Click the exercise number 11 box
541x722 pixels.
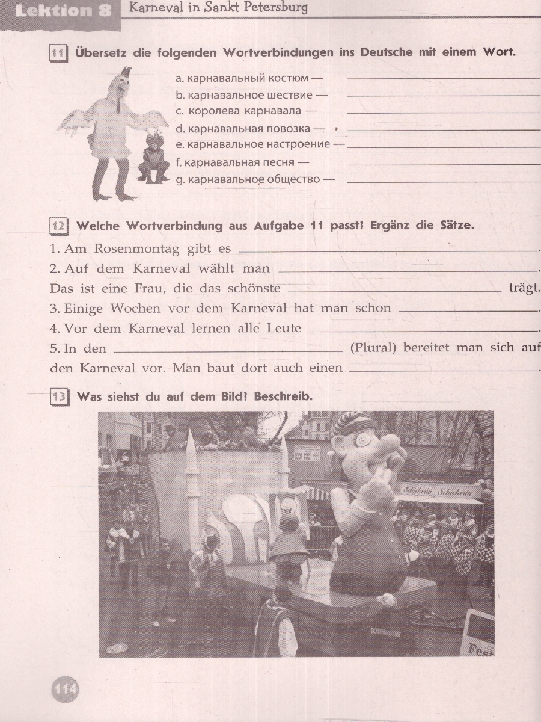pyautogui.click(x=58, y=54)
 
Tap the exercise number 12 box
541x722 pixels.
pyautogui.click(x=58, y=226)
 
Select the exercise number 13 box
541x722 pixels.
pyautogui.click(x=59, y=396)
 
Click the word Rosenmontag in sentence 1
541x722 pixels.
pyautogui.click(x=136, y=248)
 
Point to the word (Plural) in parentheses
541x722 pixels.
pyautogui.click(x=373, y=348)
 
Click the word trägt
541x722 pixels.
pyautogui.click(x=525, y=288)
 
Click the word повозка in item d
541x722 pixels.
pyautogui.click(x=288, y=128)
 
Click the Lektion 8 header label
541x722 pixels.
pyautogui.click(x=63, y=11)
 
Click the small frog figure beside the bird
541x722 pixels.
pyautogui.click(x=153, y=160)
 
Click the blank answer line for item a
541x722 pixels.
pyautogui.click(x=444, y=79)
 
